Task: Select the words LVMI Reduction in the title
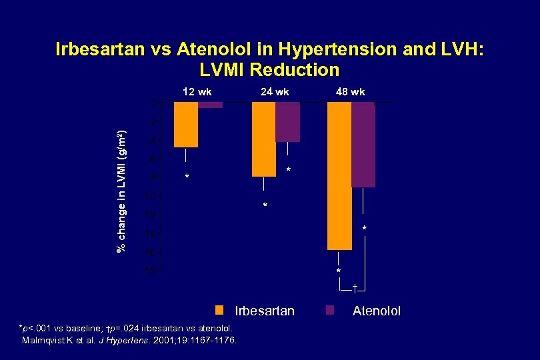pyautogui.click(x=269, y=69)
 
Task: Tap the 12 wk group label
pyautogui.click(x=197, y=91)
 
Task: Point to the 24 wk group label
pyautogui.click(x=275, y=91)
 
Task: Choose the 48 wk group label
pyautogui.click(x=350, y=91)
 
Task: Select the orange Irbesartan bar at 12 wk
pyautogui.click(x=185, y=125)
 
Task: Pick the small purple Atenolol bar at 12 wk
pyautogui.click(x=210, y=105)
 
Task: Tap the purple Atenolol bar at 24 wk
pyautogui.click(x=287, y=122)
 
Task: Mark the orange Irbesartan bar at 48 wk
pyautogui.click(x=339, y=176)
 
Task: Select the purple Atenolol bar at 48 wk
pyautogui.click(x=363, y=145)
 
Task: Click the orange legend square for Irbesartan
pyautogui.click(x=219, y=311)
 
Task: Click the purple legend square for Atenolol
pyautogui.click(x=329, y=311)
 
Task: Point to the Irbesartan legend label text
pyautogui.click(x=265, y=311)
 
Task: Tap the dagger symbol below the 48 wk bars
pyautogui.click(x=355, y=287)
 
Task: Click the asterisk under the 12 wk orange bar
pyautogui.click(x=187, y=177)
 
